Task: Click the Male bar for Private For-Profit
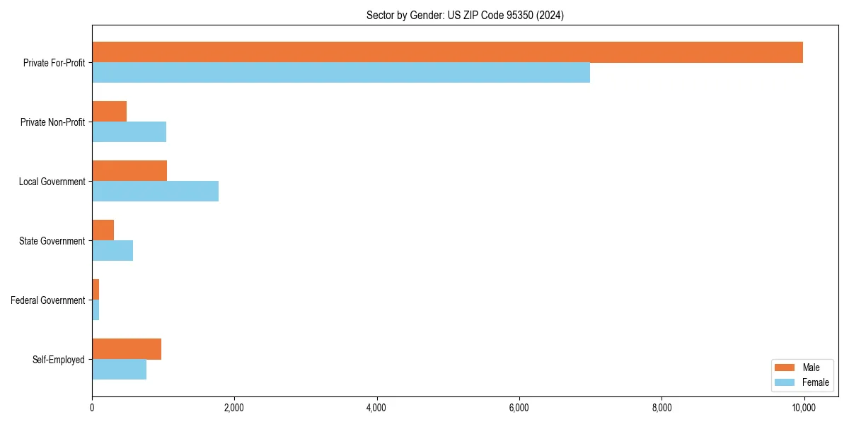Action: (x=447, y=52)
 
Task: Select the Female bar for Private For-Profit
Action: (x=341, y=73)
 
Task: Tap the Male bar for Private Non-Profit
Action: (x=110, y=112)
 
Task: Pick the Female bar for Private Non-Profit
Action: (x=129, y=132)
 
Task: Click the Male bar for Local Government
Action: (x=129, y=171)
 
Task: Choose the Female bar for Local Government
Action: (x=156, y=192)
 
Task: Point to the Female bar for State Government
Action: (x=112, y=251)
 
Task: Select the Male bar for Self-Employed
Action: (x=127, y=349)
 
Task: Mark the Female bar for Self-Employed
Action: (x=120, y=370)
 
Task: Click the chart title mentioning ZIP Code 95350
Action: (x=465, y=15)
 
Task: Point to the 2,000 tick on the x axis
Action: (x=234, y=408)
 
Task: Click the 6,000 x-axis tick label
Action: (x=519, y=408)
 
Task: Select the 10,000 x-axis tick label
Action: (x=804, y=408)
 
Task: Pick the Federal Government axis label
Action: (x=48, y=300)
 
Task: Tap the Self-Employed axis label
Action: (x=59, y=360)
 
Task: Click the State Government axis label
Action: (x=52, y=241)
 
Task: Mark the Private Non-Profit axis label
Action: (x=53, y=122)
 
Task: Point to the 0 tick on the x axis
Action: (x=92, y=408)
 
